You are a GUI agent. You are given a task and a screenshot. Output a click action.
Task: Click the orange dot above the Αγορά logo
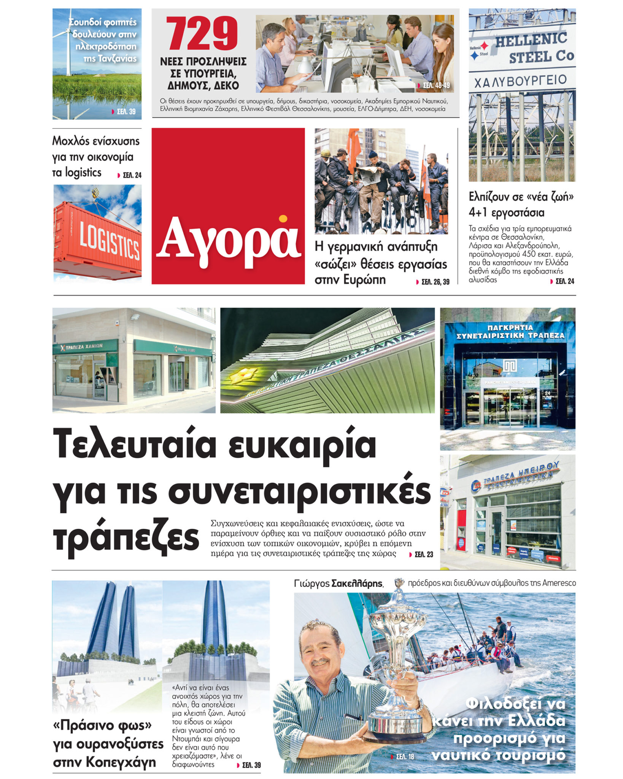point(283,219)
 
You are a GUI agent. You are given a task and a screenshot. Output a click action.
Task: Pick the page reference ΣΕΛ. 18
point(405,757)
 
